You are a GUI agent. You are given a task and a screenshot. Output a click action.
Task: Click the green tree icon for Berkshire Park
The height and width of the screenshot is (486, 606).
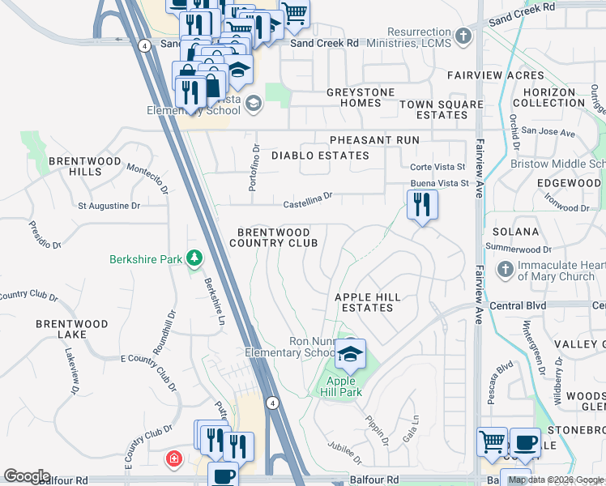click(x=194, y=259)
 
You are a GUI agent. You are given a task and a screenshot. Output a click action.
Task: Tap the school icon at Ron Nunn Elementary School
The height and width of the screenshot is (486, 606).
click(x=350, y=353)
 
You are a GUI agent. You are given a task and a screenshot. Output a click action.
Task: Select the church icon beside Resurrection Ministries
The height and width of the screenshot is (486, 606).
click(x=463, y=36)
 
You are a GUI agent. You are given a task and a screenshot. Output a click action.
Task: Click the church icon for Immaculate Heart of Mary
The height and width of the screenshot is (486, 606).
click(x=504, y=269)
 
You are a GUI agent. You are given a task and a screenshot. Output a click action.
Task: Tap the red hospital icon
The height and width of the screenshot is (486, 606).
click(x=173, y=461)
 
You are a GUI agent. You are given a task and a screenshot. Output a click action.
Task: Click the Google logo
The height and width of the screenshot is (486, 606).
click(x=27, y=476)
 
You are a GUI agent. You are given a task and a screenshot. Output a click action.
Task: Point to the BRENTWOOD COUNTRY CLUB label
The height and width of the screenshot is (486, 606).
click(x=272, y=237)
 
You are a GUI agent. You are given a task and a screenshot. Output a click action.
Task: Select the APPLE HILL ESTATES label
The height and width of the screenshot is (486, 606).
click(x=368, y=302)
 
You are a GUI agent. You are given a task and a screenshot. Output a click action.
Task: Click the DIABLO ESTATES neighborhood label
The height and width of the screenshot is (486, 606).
click(x=320, y=155)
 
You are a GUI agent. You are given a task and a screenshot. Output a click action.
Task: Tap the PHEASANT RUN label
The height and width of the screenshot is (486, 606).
click(x=374, y=140)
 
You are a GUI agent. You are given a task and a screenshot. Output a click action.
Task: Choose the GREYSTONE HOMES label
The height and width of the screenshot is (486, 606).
click(x=354, y=98)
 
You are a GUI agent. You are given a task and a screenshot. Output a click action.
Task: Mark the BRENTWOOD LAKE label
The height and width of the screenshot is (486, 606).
click(x=72, y=329)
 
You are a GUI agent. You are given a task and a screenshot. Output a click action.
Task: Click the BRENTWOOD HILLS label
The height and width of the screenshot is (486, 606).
click(x=75, y=166)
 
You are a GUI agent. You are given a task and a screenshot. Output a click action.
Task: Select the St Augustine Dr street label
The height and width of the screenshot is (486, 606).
click(x=109, y=206)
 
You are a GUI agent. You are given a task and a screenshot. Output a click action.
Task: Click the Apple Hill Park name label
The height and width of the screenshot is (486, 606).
click(x=344, y=386)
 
